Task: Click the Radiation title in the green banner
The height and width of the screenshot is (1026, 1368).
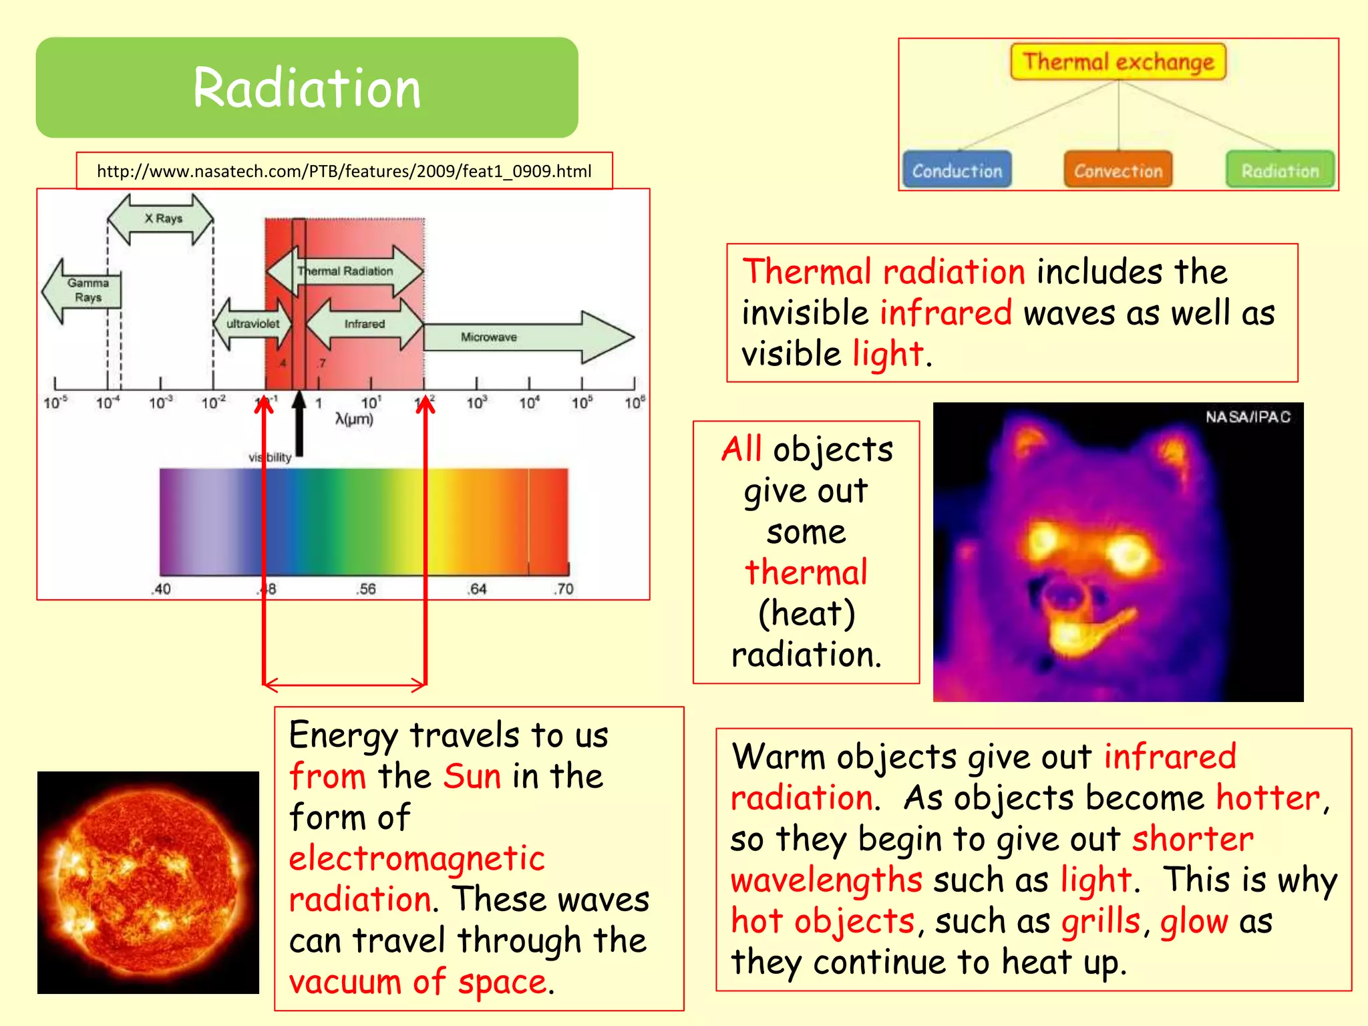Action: tap(307, 88)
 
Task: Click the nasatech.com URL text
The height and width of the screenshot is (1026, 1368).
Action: tap(344, 172)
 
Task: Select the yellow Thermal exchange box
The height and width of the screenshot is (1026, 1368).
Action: tap(1118, 62)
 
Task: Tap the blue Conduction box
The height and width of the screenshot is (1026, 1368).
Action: tap(957, 170)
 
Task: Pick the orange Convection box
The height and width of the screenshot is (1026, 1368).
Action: tap(1118, 170)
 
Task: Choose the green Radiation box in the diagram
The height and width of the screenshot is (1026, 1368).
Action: tap(1280, 170)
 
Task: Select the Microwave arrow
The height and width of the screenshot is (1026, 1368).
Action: tap(521, 337)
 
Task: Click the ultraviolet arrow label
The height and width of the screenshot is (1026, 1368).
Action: tap(252, 324)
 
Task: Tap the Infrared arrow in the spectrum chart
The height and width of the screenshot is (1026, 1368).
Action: tap(364, 324)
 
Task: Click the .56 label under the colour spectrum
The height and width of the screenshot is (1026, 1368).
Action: tap(365, 589)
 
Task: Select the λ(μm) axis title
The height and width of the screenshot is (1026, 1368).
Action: tap(354, 419)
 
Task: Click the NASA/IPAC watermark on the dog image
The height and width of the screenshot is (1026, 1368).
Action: tap(1247, 417)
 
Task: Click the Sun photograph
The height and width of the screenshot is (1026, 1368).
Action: tap(148, 882)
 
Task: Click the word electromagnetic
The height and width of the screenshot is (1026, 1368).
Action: tap(417, 858)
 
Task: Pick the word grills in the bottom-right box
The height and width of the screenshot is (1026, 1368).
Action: tap(1100, 922)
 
